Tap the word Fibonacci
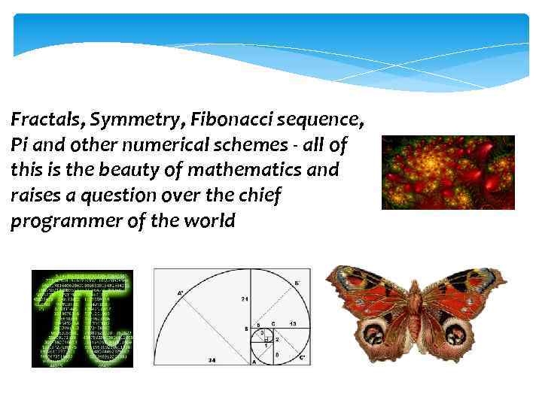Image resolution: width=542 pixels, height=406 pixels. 226,119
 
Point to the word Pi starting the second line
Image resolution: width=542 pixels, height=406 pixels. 20,144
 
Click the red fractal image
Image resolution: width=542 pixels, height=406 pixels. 448,172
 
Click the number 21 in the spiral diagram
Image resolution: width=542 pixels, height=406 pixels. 245,299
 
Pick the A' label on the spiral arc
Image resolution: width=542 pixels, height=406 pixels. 181,292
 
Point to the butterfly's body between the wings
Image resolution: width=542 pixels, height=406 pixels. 414,316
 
